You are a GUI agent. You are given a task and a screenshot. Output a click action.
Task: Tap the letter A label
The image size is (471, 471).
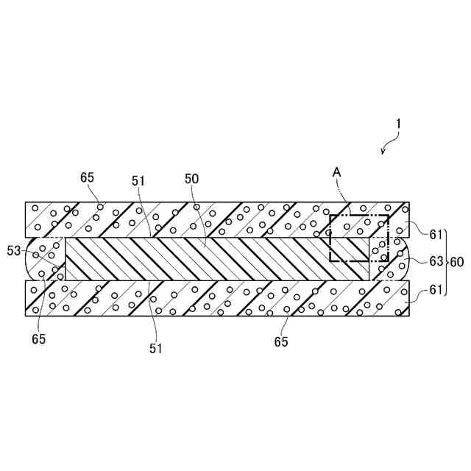click(x=336, y=171)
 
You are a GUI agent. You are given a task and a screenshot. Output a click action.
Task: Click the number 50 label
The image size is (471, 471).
click(x=191, y=179)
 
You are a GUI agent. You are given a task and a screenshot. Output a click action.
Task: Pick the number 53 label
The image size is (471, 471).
click(x=14, y=251)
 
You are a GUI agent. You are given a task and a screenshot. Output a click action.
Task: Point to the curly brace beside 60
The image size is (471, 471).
click(x=447, y=261)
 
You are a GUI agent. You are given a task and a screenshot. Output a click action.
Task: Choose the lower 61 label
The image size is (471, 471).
click(x=437, y=291)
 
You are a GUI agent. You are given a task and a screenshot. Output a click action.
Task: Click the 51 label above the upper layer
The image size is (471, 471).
click(x=139, y=179)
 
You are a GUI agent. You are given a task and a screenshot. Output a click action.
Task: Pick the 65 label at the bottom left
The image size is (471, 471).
click(x=38, y=339)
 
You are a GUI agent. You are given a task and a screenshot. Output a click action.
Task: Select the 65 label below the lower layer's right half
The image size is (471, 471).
click(x=280, y=341)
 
